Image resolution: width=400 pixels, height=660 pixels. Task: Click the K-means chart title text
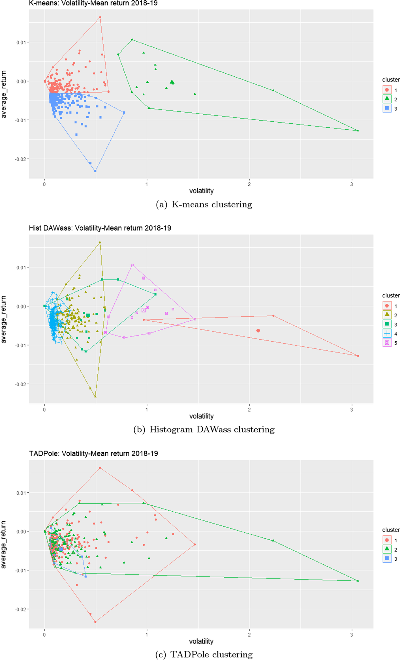(x=93, y=3)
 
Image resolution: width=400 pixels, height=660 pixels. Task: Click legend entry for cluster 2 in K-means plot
(x=387, y=99)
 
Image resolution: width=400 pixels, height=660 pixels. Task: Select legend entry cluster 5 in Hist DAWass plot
(x=387, y=343)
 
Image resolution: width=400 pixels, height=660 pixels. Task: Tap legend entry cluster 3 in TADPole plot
(x=387, y=559)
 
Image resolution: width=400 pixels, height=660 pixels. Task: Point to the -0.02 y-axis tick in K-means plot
(x=20, y=159)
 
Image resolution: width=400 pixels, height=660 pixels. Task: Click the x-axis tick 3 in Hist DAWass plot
(x=352, y=410)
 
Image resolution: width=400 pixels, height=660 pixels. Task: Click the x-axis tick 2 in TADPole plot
(x=249, y=635)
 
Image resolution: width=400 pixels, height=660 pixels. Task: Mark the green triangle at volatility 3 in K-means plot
(x=358, y=130)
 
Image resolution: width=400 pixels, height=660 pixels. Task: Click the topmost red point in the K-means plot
(x=100, y=17)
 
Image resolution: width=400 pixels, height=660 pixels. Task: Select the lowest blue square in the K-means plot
(x=95, y=171)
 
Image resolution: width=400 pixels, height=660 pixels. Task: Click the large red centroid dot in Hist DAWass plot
(x=258, y=331)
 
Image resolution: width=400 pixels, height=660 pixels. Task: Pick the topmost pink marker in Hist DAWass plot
(x=132, y=265)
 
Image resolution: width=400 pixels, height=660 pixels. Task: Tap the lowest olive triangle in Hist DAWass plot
(x=95, y=396)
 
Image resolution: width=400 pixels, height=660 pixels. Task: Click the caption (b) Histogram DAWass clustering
(x=204, y=430)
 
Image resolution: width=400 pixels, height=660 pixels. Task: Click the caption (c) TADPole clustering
(x=204, y=655)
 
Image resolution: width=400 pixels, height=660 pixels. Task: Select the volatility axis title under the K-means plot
(x=201, y=191)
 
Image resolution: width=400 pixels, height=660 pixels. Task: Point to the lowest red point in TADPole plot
(x=95, y=622)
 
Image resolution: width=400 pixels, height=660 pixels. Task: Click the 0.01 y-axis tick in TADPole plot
(x=22, y=493)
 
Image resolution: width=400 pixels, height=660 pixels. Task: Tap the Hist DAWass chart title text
(x=100, y=228)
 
